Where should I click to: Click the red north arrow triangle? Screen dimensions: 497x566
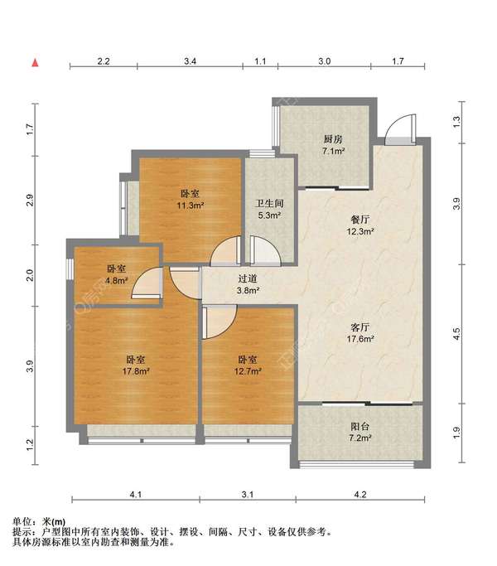35,63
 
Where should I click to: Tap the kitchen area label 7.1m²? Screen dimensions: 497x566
333,151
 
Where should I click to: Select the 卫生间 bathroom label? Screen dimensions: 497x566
269,204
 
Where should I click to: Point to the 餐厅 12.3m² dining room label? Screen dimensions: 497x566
360,225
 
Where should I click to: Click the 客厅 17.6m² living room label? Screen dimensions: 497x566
360,333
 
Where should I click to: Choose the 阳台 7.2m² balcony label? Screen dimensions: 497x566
360,432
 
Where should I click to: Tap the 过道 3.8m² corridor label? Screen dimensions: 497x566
248,284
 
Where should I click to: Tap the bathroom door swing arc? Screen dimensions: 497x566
266,250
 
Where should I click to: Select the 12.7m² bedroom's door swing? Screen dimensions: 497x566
220,322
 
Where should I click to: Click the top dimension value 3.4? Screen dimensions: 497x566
191,61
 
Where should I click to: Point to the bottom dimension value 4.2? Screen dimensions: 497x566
360,495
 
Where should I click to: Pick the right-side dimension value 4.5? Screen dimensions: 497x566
456,333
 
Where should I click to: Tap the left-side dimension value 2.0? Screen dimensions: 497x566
30,275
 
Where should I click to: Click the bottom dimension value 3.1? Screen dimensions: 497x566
248,495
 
